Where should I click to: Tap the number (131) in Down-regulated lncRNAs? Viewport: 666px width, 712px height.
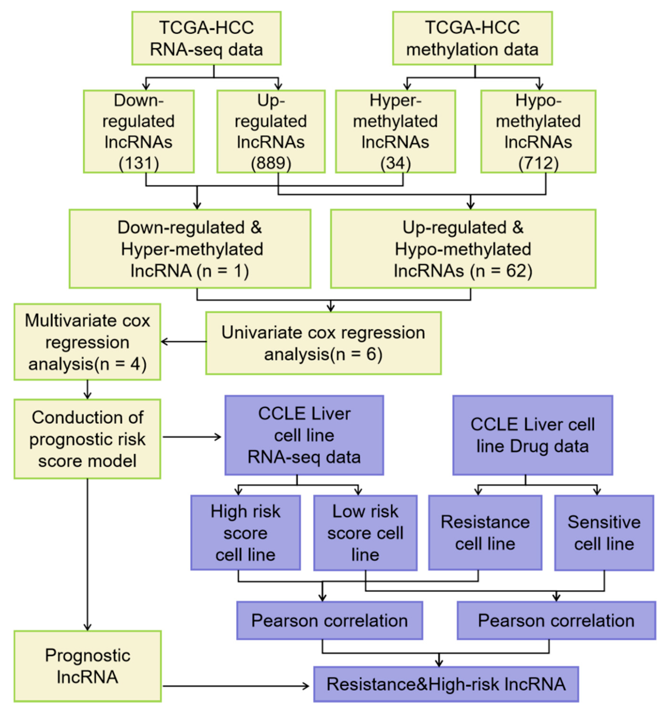pyautogui.click(x=139, y=163)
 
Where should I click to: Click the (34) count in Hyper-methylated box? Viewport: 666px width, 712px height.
pyautogui.click(x=395, y=163)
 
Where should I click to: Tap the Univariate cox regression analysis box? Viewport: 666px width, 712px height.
pyautogui.click(x=323, y=343)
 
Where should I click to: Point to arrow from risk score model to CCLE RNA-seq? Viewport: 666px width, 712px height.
pyautogui.click(x=192, y=437)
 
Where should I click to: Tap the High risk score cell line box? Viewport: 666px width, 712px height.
pyautogui.click(x=245, y=533)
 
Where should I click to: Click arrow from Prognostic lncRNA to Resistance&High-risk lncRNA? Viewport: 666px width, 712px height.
pyautogui.click(x=236, y=686)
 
